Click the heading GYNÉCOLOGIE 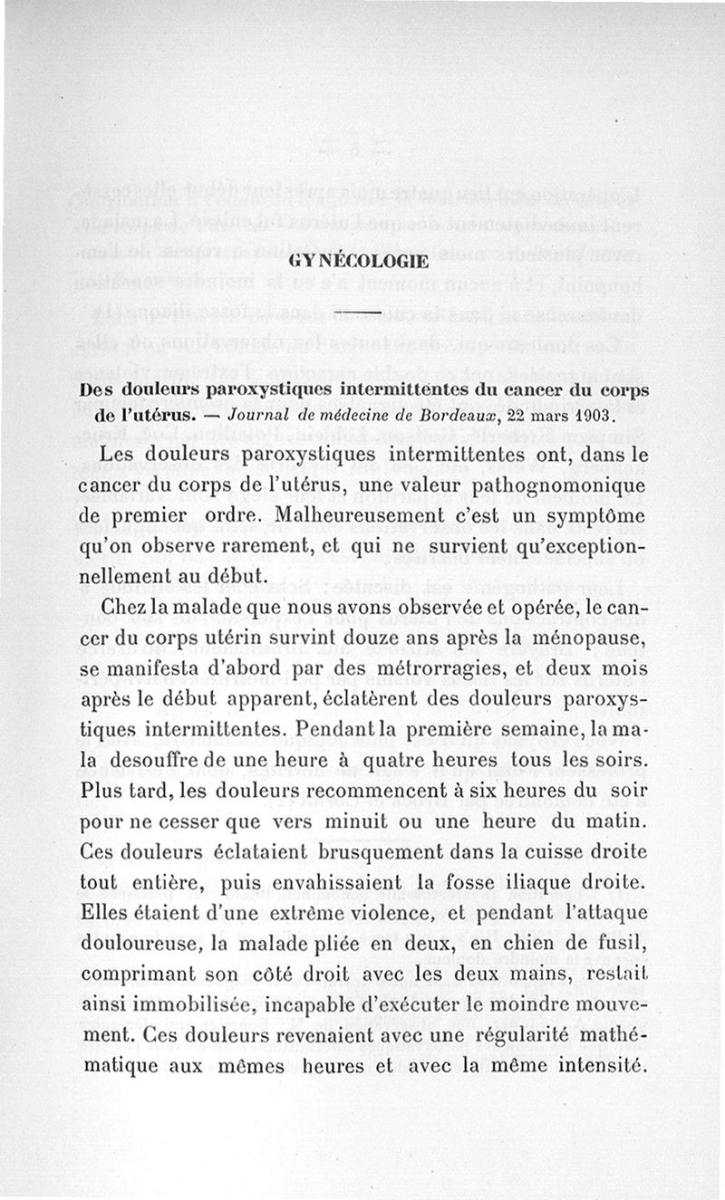(359, 263)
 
